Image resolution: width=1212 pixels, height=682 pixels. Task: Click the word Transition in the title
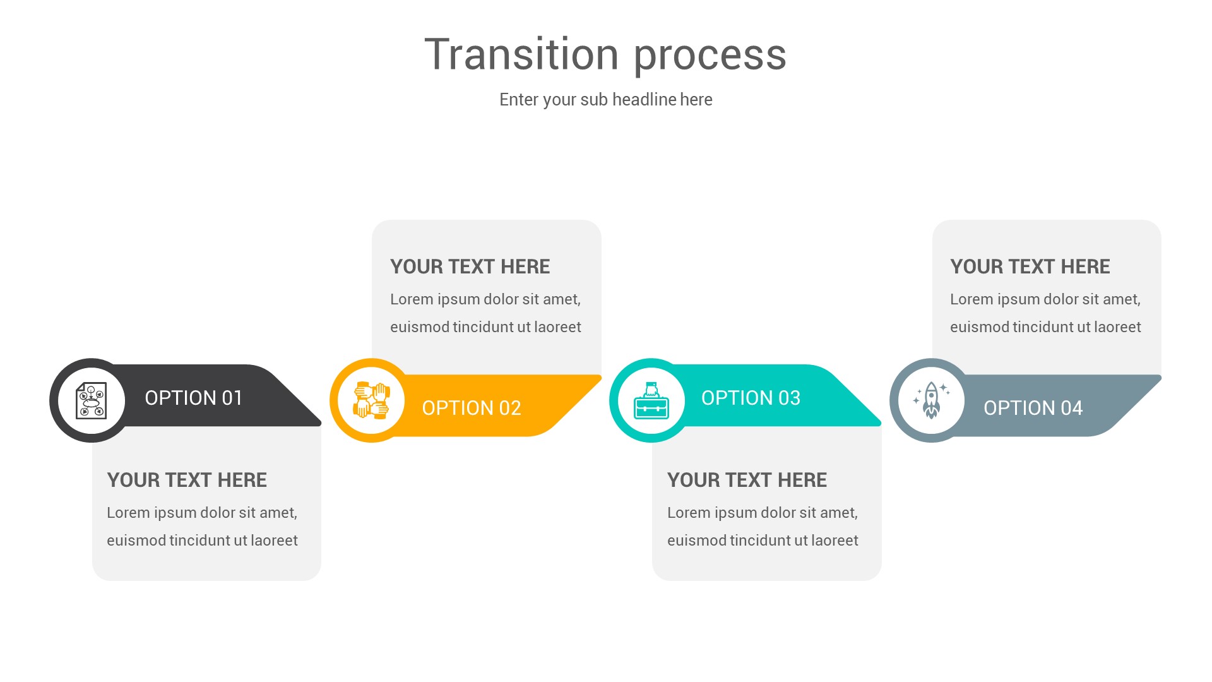(x=521, y=54)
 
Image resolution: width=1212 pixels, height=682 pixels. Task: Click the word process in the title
(x=710, y=56)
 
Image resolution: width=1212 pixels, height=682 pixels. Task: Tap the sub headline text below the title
(x=605, y=100)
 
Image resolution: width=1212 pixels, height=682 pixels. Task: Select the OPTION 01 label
(x=193, y=398)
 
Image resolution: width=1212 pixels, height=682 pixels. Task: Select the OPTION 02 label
(x=471, y=408)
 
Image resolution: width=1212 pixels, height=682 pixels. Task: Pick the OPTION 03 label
(x=751, y=398)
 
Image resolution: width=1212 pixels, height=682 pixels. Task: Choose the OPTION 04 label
(x=1033, y=408)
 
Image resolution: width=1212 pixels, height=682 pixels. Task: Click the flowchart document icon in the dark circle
(x=92, y=400)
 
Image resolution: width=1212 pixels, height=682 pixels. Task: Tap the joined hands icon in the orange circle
(x=371, y=400)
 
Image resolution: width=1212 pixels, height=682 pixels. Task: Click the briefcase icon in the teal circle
(x=651, y=401)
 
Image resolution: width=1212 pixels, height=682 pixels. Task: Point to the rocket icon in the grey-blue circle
(x=931, y=400)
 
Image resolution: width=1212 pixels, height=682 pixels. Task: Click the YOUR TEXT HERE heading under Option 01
(x=187, y=480)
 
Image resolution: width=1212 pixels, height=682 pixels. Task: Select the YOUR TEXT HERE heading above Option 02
(x=470, y=266)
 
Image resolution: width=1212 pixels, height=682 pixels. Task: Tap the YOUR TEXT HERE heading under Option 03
(x=747, y=480)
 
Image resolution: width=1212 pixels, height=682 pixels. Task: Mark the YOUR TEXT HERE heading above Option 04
(x=1030, y=266)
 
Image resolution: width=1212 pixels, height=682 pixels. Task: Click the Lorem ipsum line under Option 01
(x=202, y=513)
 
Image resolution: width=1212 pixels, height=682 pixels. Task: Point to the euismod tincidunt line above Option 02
(x=485, y=327)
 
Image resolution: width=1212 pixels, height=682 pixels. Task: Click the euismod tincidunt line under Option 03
(x=763, y=541)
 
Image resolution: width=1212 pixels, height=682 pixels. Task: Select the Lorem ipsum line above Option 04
(x=1045, y=299)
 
